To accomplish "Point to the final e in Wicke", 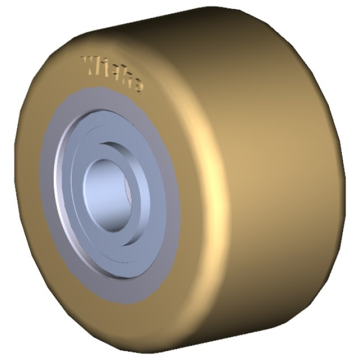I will point(136,85).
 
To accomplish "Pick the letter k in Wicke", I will point(124,79).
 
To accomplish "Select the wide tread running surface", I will point(271,181).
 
